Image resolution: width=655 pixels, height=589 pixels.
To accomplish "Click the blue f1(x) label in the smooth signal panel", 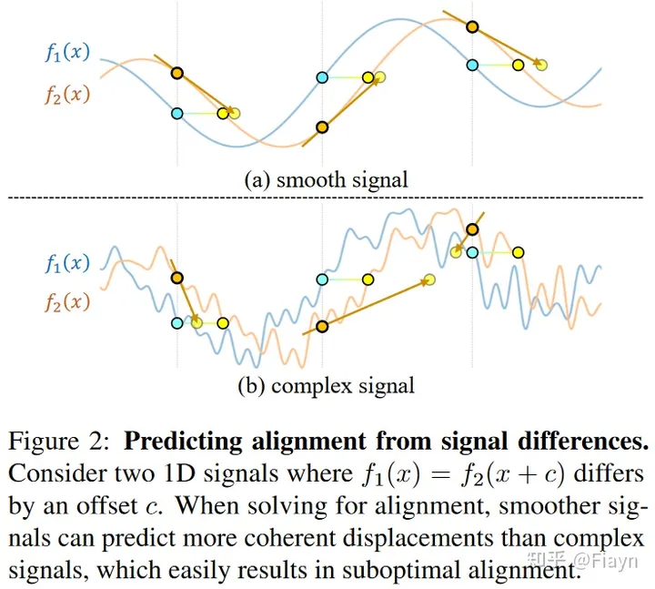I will click(x=67, y=52).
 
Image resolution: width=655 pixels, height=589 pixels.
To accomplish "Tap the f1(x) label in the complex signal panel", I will click(x=67, y=264).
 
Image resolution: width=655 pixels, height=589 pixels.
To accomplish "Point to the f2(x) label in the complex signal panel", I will click(x=67, y=303).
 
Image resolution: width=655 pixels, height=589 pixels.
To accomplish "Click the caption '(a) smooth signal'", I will click(x=326, y=179).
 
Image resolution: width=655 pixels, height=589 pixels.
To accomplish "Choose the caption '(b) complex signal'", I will click(x=326, y=385).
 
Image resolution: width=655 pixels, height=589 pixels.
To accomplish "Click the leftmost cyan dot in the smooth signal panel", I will click(x=177, y=113).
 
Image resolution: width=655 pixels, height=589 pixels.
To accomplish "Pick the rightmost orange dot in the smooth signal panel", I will click(x=471, y=26).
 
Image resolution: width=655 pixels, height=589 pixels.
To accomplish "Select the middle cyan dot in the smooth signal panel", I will click(x=322, y=77).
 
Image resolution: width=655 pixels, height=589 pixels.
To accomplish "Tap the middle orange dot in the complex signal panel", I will click(x=320, y=326).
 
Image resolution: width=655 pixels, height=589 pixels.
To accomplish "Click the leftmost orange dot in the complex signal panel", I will click(x=176, y=278).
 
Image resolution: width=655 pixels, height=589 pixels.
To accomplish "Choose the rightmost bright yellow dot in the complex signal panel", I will click(x=518, y=252).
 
